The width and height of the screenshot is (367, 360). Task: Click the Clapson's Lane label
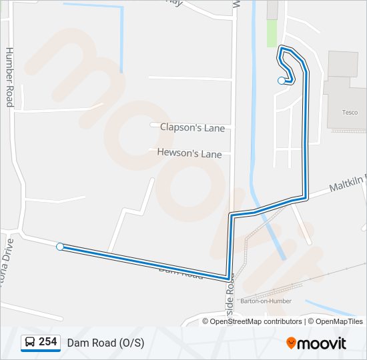[192, 127]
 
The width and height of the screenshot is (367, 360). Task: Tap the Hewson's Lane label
[189, 153]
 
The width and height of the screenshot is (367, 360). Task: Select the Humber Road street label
[9, 77]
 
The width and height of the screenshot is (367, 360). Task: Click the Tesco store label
[350, 113]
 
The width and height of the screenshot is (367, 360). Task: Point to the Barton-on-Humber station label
[266, 301]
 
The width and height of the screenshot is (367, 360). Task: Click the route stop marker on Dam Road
[60, 247]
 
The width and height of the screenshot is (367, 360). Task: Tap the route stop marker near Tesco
[281, 81]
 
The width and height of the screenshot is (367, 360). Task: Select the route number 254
[48, 342]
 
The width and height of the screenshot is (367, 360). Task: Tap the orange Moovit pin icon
[291, 343]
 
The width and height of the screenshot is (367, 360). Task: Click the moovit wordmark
[322, 343]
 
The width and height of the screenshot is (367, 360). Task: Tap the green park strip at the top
[272, 33]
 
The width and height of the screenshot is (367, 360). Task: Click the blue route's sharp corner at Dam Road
[228, 277]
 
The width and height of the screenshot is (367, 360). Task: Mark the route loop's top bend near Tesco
[285, 48]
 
